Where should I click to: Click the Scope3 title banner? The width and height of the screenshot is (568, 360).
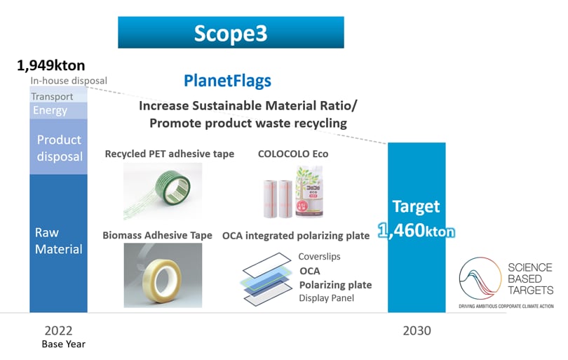pyautogui.click(x=231, y=32)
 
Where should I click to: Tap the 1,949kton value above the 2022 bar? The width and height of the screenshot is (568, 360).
pyautogui.click(x=51, y=66)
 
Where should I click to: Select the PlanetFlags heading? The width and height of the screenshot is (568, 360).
pyautogui.click(x=227, y=81)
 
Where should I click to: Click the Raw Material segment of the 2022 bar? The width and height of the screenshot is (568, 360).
pyautogui.click(x=58, y=243)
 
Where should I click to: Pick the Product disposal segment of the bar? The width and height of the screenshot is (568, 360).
pyautogui.click(x=58, y=147)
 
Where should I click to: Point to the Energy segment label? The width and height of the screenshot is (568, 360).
pyautogui.click(x=50, y=110)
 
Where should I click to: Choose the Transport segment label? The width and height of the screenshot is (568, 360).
pyautogui.click(x=52, y=96)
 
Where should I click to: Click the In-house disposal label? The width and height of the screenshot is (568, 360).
pyautogui.click(x=69, y=81)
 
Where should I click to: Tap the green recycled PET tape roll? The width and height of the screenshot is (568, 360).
pyautogui.click(x=173, y=187)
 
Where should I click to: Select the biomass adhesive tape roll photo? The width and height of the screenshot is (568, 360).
pyautogui.click(x=163, y=275)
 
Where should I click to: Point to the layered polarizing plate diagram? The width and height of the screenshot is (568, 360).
pyautogui.click(x=267, y=279)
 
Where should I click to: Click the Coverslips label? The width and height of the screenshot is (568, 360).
pyautogui.click(x=319, y=256)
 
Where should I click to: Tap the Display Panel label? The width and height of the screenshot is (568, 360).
pyautogui.click(x=326, y=298)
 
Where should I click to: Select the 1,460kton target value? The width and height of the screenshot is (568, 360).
pyautogui.click(x=417, y=231)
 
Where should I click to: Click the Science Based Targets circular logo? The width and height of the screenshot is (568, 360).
pyautogui.click(x=480, y=279)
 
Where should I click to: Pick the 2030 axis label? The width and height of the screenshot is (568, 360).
pyautogui.click(x=417, y=331)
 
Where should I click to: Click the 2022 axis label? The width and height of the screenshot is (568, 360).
pyautogui.click(x=58, y=331)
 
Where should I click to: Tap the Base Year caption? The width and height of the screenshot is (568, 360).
pyautogui.click(x=63, y=344)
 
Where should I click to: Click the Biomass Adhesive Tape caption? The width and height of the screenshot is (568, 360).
pyautogui.click(x=157, y=235)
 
